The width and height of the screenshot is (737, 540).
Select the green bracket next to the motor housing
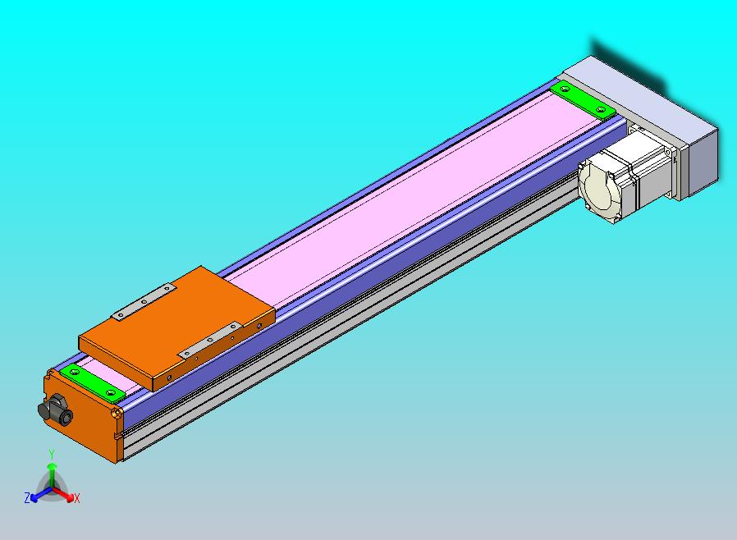point(583,100)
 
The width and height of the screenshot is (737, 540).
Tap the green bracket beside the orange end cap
point(93,382)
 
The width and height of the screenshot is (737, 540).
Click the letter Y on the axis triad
point(52,454)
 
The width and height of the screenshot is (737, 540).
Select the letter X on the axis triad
point(77,498)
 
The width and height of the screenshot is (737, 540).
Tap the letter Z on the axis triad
point(27,498)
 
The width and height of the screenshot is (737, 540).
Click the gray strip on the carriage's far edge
point(144,302)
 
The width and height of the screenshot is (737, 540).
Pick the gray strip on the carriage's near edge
point(210,341)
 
